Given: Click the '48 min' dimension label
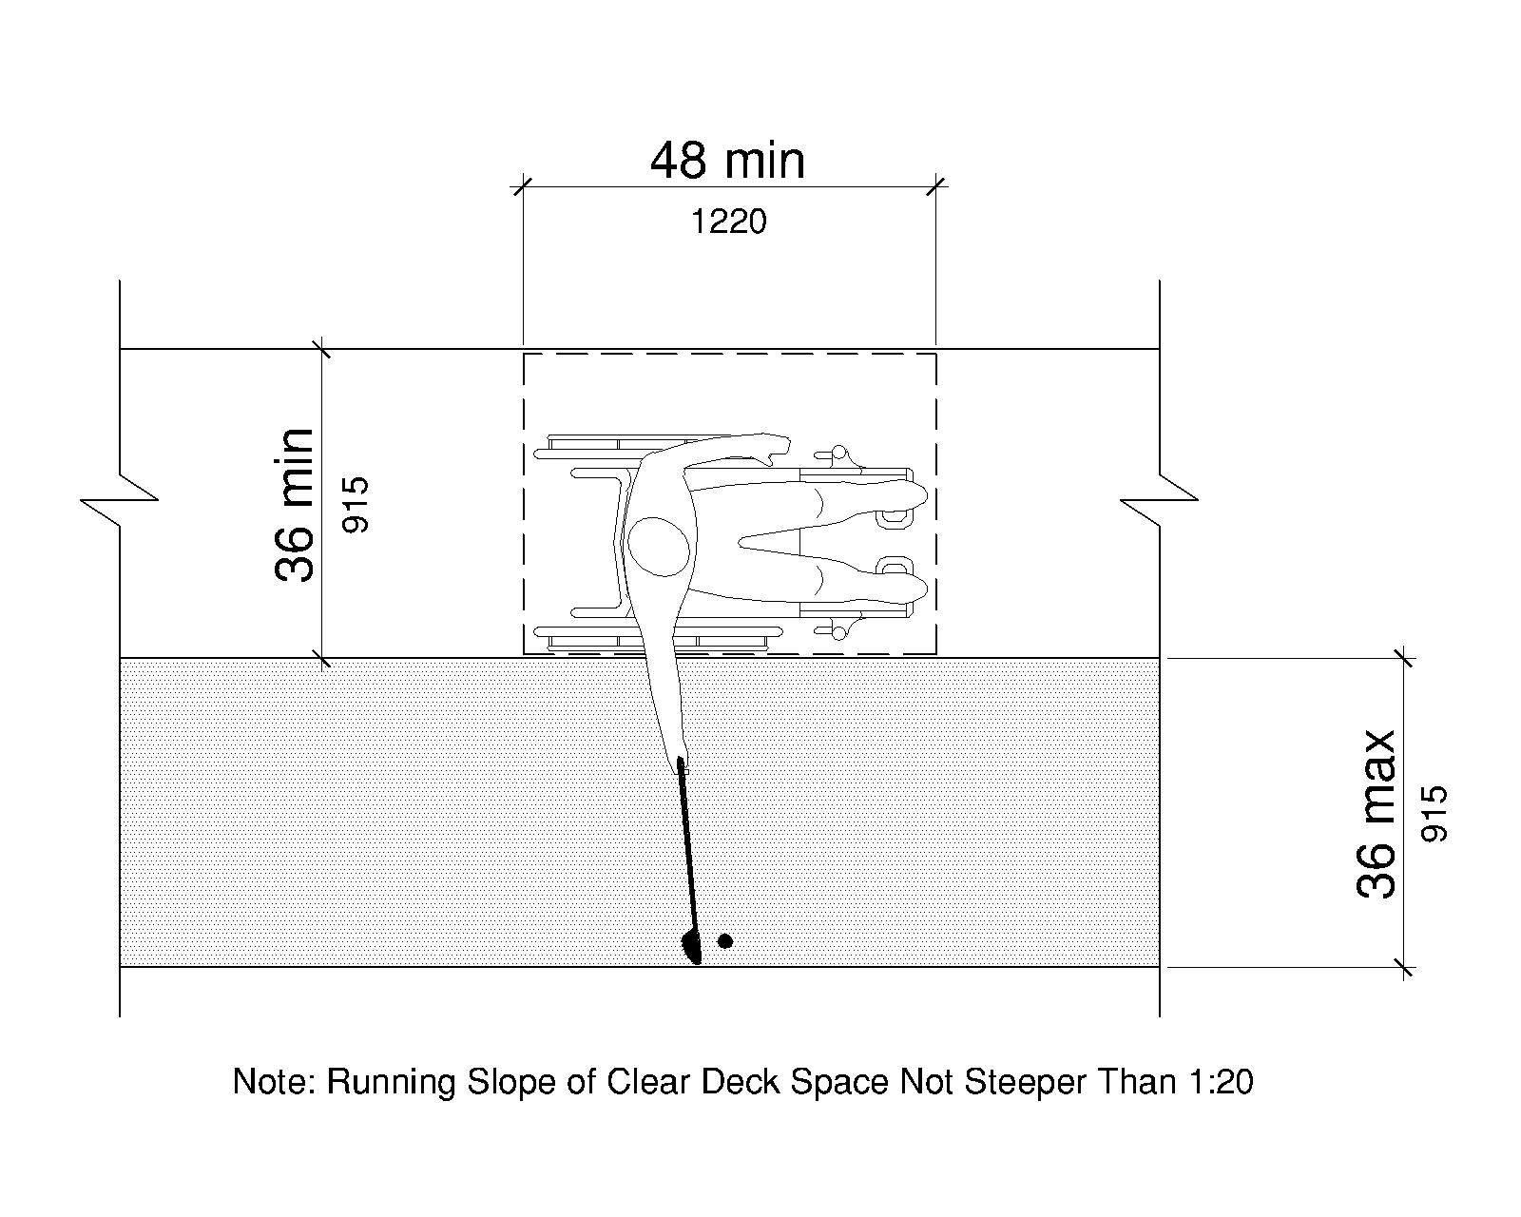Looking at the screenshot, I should point(727,161).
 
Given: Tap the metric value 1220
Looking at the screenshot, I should point(727,222).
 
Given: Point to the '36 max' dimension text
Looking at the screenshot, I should point(1376,814).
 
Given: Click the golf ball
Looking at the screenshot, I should point(725,941).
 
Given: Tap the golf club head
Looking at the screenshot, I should point(692,947).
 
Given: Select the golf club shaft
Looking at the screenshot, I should point(686,846).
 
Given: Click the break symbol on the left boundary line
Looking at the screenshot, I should point(120,498).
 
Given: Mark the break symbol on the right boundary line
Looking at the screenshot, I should point(1160,498).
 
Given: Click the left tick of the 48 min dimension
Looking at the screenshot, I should point(522,186).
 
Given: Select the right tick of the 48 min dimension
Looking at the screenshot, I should point(936,186).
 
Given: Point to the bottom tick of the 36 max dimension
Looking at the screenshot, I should point(1403,968).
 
